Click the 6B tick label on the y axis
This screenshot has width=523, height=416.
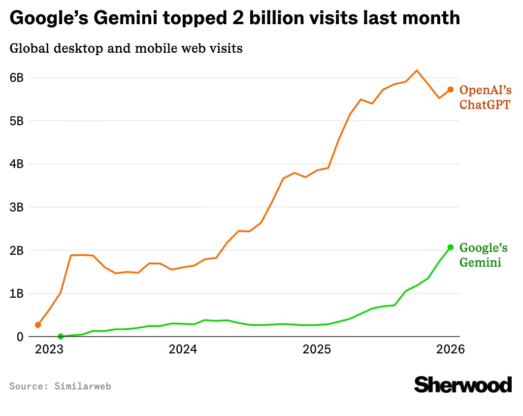pyautogui.click(x=16, y=77)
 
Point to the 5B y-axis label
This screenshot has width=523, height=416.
pyautogui.click(x=16, y=121)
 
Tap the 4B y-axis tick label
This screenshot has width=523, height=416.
pyautogui.click(x=16, y=164)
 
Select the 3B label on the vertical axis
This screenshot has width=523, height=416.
pyautogui.click(x=16, y=207)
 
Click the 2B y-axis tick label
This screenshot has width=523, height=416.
pyautogui.click(x=16, y=250)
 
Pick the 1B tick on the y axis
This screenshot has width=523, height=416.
pyautogui.click(x=16, y=293)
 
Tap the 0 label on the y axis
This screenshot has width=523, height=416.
pyautogui.click(x=20, y=337)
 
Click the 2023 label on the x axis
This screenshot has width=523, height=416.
pyautogui.click(x=48, y=349)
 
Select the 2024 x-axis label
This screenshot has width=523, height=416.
pyautogui.click(x=183, y=349)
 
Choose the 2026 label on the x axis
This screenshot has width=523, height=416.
pyautogui.click(x=450, y=349)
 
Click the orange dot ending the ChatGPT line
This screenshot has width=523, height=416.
pyautogui.click(x=450, y=89)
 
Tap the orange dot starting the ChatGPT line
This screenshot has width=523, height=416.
pyautogui.click(x=38, y=325)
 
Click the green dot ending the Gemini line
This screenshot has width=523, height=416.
pyautogui.click(x=450, y=247)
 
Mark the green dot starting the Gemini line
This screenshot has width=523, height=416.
pyautogui.click(x=61, y=337)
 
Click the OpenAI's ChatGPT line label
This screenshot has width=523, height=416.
pyautogui.click(x=485, y=97)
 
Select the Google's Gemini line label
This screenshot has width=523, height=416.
pyautogui.click(x=483, y=255)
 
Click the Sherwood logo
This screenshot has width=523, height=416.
pyautogui.click(x=462, y=384)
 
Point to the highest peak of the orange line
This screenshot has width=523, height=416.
pyautogui.click(x=417, y=70)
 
